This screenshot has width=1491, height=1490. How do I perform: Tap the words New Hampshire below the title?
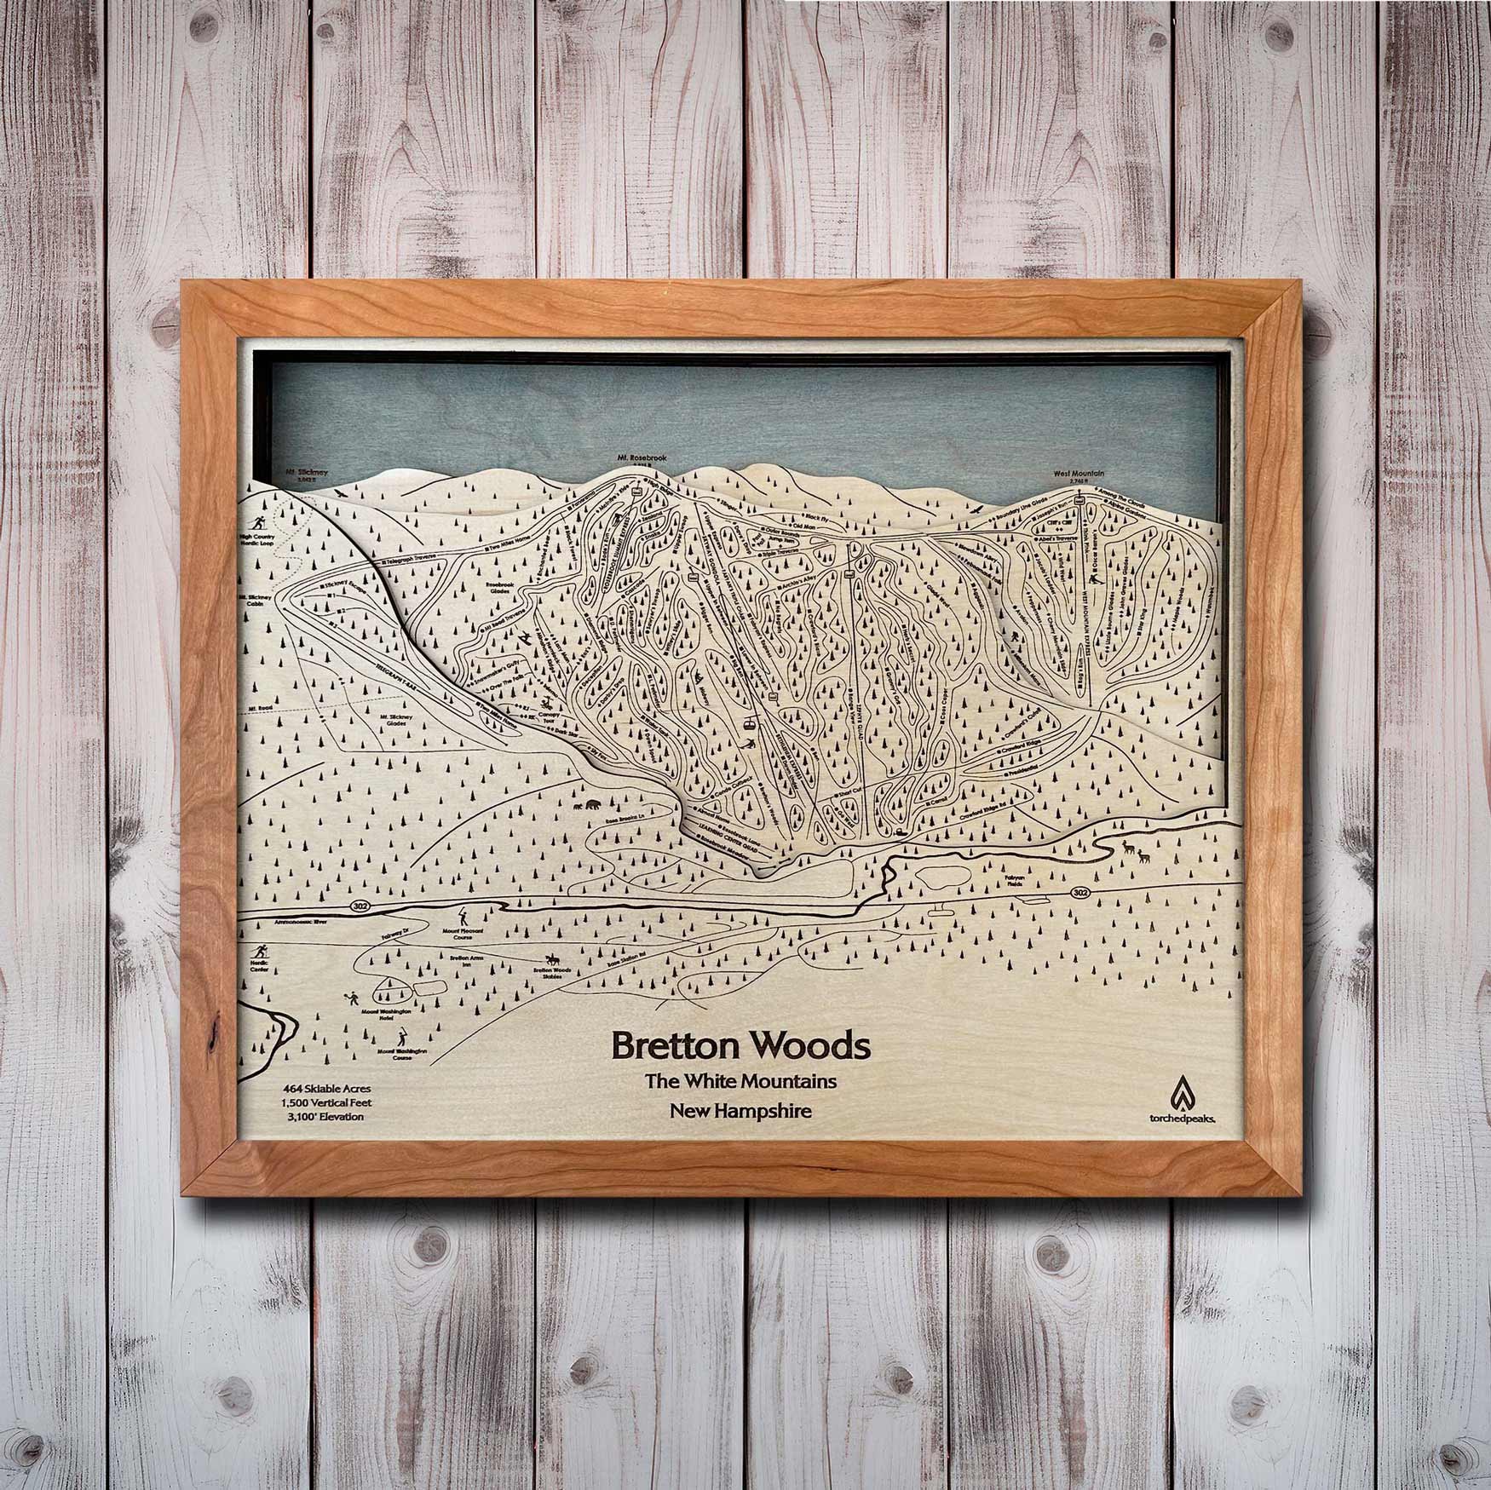pyautogui.click(x=740, y=1110)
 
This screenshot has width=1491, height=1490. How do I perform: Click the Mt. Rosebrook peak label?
pyautogui.click(x=642, y=457)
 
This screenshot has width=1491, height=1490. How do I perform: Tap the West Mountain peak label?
pyautogui.click(x=1079, y=473)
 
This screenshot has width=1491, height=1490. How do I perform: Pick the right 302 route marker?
pyautogui.click(x=1081, y=892)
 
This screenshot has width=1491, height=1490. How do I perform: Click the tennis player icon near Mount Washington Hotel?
pyautogui.click(x=350, y=998)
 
